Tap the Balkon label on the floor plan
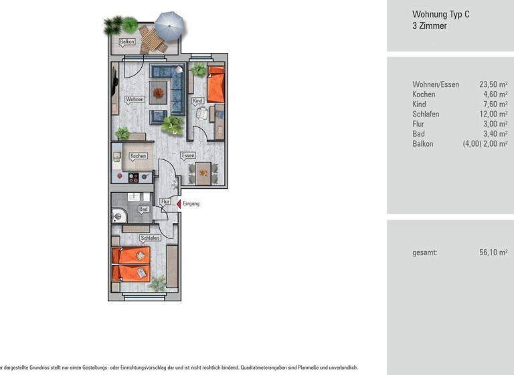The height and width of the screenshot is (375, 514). (127, 42)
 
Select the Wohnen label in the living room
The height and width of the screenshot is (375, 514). (134, 99)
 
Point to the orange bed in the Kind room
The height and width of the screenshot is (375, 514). (216, 85)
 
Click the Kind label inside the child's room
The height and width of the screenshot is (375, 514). (197, 101)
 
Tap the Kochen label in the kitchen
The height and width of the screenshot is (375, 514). (138, 156)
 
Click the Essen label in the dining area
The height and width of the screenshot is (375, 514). (189, 155)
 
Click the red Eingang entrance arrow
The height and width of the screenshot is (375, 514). (179, 204)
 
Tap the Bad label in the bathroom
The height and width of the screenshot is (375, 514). (143, 209)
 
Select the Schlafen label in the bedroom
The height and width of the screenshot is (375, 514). (149, 238)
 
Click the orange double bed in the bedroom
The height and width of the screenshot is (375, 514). (131, 264)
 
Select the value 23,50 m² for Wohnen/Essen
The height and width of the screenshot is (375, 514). (493, 84)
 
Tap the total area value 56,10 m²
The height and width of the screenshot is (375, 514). (493, 252)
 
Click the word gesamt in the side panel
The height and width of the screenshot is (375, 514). (425, 252)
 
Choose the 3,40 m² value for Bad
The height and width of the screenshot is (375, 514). (495, 134)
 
